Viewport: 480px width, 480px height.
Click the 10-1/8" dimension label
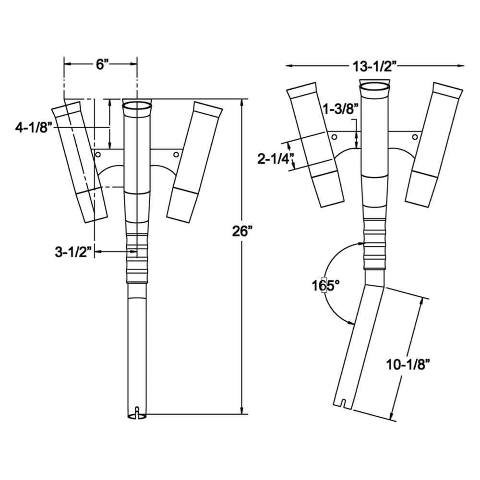pos(407,364)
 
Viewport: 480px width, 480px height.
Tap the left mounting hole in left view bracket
pos(98,155)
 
